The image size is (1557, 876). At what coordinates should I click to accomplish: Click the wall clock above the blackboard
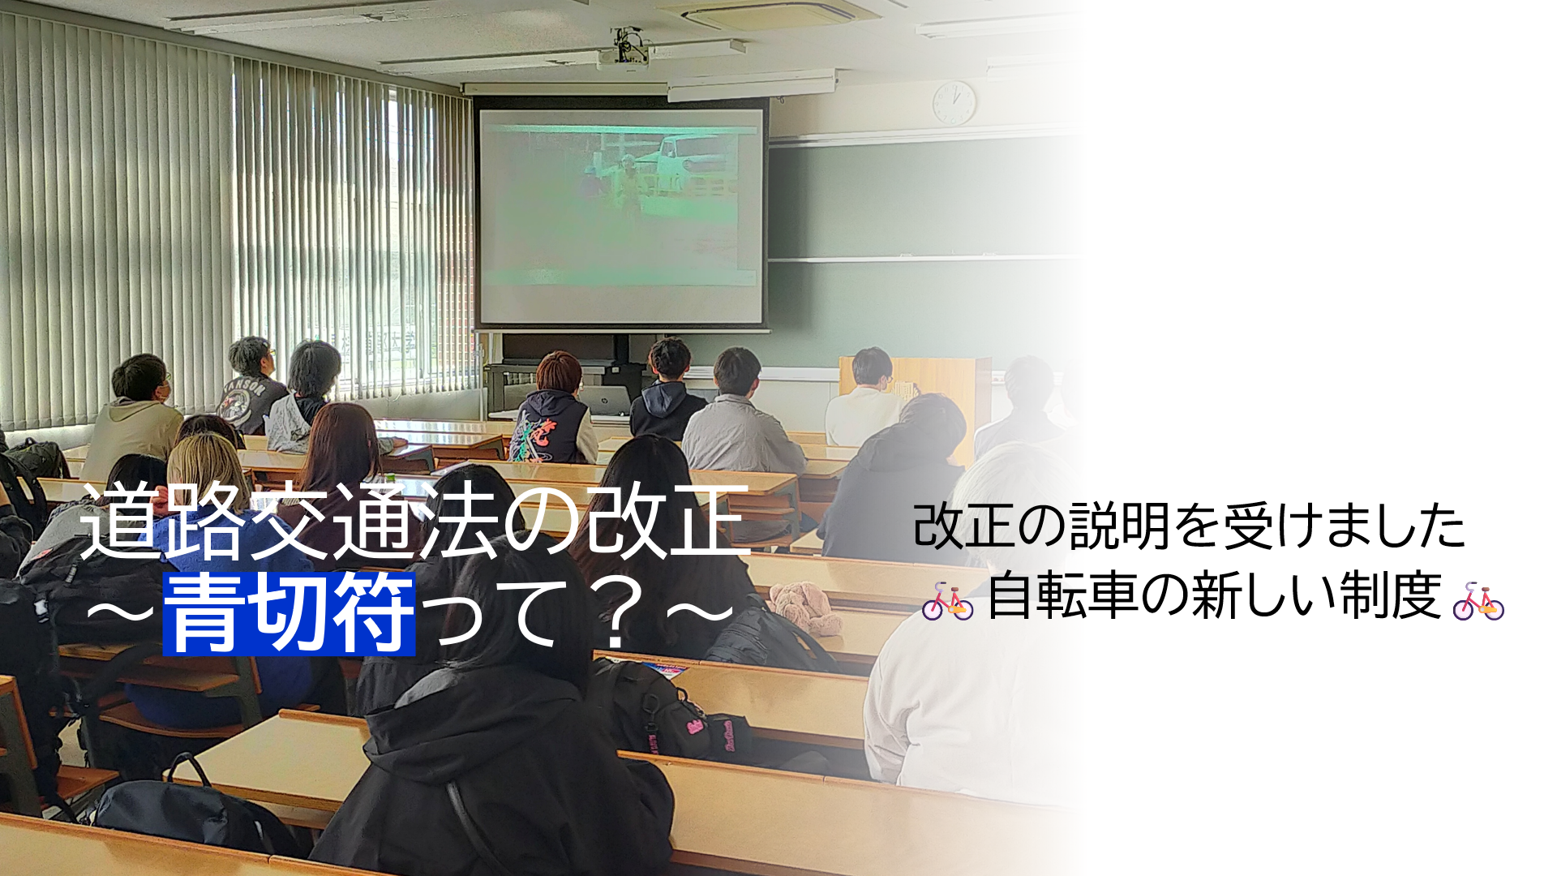tap(954, 102)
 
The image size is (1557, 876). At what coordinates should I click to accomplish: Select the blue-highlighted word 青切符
tap(290, 614)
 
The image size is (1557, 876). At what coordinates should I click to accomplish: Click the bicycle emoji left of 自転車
tap(947, 601)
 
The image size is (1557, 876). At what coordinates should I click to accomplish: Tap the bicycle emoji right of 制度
tap(1478, 601)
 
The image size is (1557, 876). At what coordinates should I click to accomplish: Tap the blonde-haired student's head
tap(207, 470)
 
